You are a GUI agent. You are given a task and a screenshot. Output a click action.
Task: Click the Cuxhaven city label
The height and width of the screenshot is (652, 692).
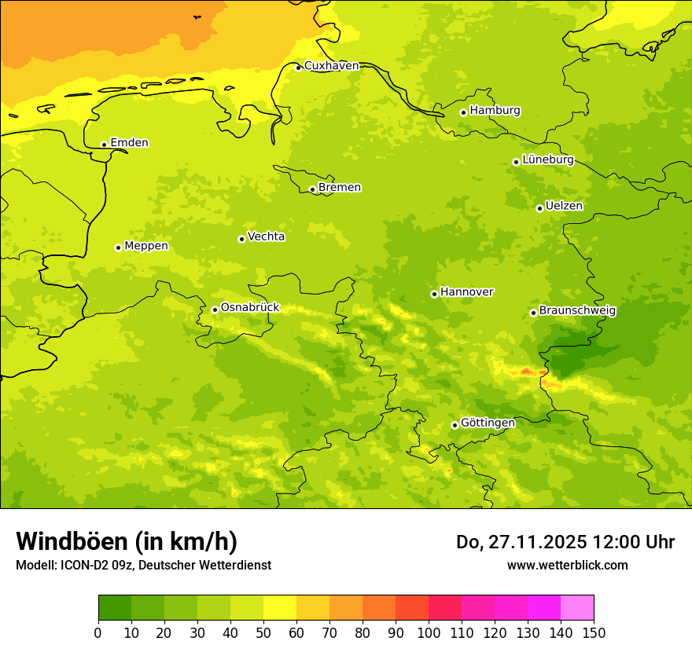pos(331,66)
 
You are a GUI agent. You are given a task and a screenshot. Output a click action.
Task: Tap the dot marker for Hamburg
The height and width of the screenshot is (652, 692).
pos(463,112)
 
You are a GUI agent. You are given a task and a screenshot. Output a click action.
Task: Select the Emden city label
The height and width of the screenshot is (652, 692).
pos(129,143)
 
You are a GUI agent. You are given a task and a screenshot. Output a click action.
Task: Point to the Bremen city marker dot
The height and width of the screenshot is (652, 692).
pos(312,189)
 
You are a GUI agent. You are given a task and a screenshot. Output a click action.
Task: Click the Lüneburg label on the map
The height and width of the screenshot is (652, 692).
pos(548,160)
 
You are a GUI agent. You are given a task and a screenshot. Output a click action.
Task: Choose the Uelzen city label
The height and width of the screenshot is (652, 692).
pos(564,207)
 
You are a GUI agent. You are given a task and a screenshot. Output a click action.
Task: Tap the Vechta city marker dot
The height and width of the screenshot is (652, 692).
pos(241,239)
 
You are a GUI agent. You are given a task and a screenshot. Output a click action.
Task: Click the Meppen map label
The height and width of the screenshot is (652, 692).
pos(146,246)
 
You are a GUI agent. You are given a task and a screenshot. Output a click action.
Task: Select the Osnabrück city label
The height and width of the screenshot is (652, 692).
pos(250,308)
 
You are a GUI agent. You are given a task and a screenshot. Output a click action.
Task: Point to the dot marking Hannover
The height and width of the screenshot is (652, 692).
pos(434,294)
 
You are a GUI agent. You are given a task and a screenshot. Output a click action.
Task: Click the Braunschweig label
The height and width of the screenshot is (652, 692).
pos(577,311)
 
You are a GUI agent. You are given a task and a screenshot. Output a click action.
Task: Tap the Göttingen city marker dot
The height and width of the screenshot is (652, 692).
pos(455,425)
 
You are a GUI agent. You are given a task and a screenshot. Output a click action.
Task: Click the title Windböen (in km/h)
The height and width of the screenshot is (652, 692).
pos(127,541)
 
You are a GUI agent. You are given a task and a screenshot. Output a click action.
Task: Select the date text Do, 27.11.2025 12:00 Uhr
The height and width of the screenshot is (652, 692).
pos(565,542)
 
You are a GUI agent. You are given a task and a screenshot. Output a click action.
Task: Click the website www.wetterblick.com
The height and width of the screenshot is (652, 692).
pos(567,565)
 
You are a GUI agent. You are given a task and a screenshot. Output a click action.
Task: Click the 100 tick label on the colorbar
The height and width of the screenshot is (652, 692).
pos(429,632)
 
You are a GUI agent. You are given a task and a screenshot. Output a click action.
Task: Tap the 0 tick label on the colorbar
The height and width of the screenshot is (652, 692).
pos(98,632)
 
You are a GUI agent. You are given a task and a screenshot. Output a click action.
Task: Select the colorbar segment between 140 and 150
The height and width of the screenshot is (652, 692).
pos(577,607)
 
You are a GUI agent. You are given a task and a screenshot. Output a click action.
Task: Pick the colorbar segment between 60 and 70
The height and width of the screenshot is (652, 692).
pos(313,607)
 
